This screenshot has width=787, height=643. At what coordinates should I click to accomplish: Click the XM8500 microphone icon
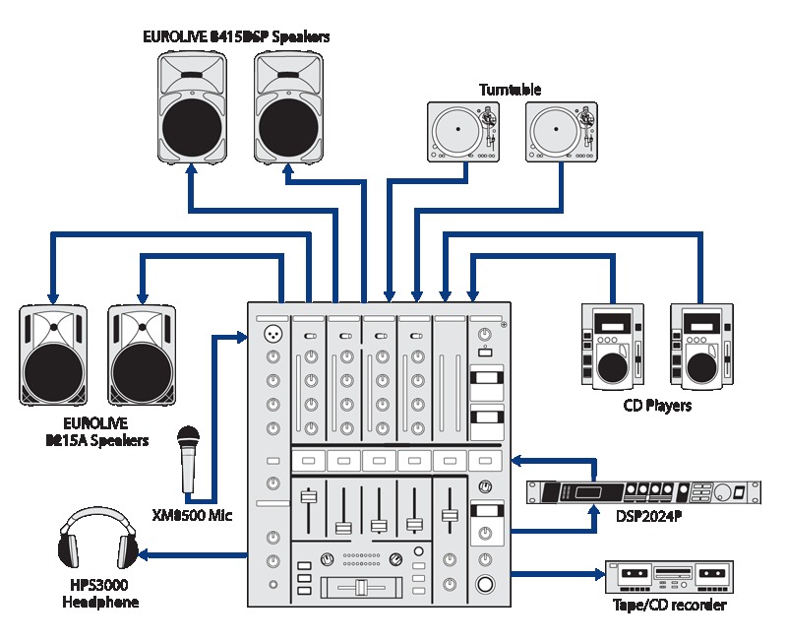(188, 459)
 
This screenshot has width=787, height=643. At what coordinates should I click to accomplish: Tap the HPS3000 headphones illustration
(97, 538)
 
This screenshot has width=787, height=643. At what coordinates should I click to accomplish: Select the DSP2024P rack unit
(644, 492)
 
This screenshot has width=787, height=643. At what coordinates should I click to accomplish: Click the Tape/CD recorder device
(669, 577)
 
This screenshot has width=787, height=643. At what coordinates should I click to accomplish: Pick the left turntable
(463, 132)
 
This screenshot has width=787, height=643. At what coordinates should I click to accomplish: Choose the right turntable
(562, 132)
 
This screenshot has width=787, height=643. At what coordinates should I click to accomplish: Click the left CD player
(613, 346)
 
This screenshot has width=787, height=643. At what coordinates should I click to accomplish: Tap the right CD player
(701, 346)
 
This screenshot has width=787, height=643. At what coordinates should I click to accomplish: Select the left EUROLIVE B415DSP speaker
(192, 107)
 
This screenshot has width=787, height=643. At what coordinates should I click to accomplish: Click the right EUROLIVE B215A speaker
(142, 355)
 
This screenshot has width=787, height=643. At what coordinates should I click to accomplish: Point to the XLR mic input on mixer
(273, 333)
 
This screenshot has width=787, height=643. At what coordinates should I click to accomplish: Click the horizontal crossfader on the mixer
(361, 587)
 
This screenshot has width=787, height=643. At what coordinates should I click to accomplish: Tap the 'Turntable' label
(510, 90)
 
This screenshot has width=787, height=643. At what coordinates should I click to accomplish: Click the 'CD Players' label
(657, 405)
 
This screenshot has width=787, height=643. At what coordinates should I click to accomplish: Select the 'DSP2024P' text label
(648, 516)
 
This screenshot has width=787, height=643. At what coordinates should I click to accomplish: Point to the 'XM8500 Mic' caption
(192, 514)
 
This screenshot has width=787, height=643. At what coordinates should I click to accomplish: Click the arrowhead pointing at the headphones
(143, 555)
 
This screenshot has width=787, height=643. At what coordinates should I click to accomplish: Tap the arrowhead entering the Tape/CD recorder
(600, 574)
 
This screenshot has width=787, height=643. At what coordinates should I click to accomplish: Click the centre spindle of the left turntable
(457, 129)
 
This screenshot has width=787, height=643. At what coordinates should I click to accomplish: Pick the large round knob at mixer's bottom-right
(485, 584)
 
